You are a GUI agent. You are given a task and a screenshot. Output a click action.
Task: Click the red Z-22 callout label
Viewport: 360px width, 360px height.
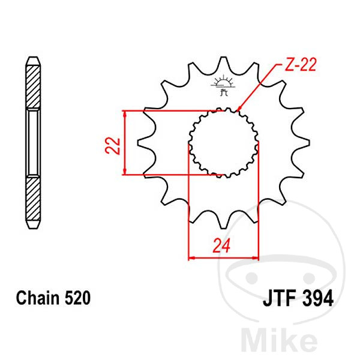[x=301, y=64]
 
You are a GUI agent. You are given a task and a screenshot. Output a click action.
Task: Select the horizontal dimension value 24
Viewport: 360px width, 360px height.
[x=221, y=245]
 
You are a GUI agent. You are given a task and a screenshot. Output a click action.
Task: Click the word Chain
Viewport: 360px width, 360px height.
[x=37, y=298]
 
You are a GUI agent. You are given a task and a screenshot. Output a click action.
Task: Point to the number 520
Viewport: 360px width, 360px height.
[x=77, y=298]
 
